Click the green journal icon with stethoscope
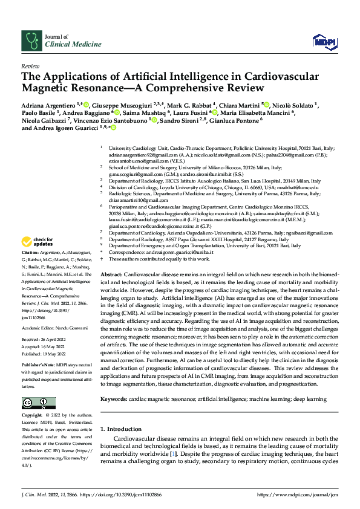pyautogui.click(x=31, y=41)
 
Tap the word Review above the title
pyautogui.click(x=30, y=66)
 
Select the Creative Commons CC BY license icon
pyautogui.click(x=35, y=402)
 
